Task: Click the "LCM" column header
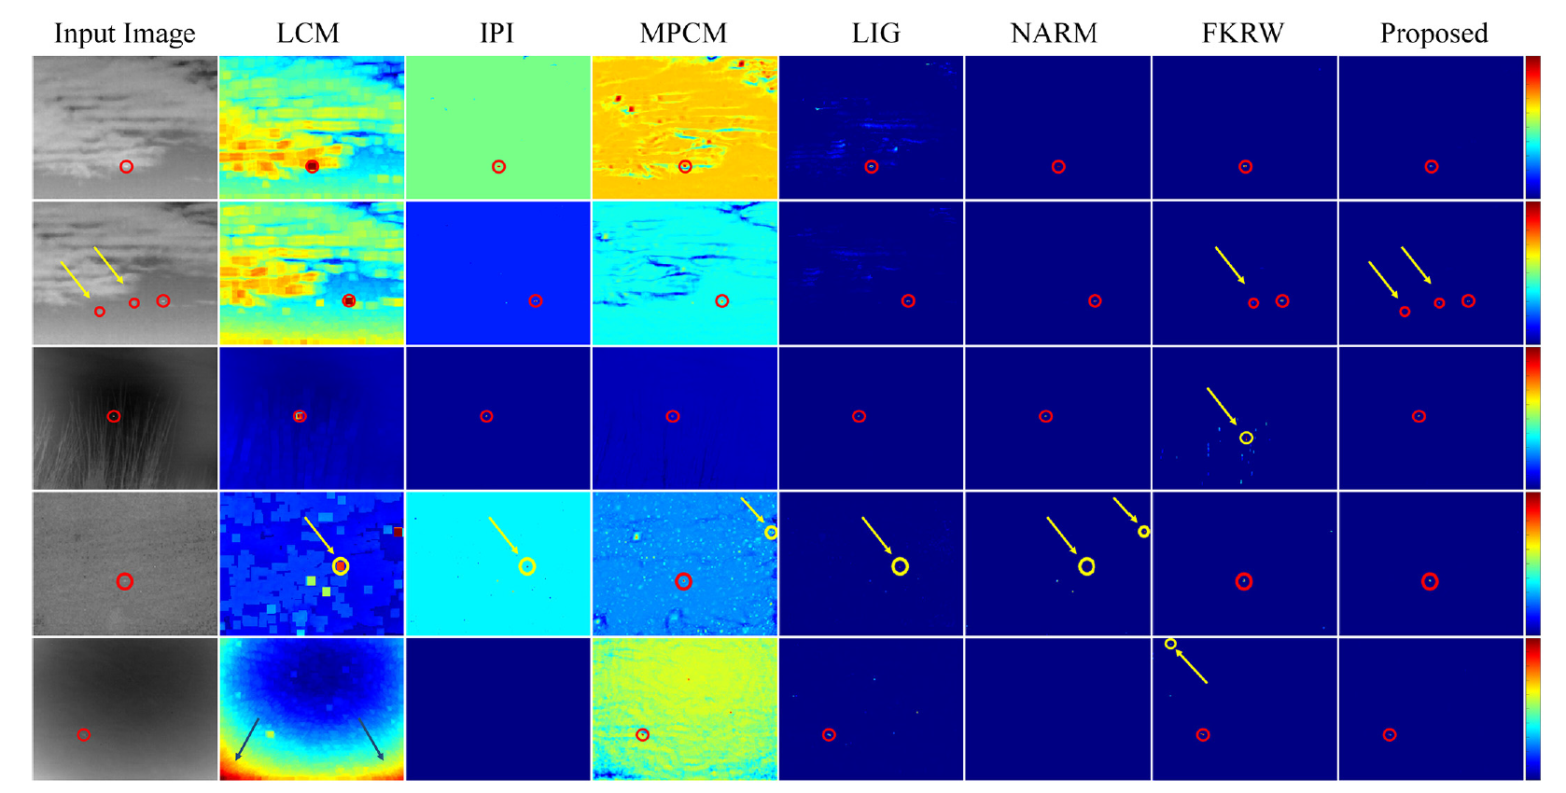coord(308,34)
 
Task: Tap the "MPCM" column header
coord(683,34)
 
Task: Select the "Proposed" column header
coord(1433,34)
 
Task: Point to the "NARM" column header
coord(1054,34)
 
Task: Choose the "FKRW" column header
coord(1242,34)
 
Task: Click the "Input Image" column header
coord(125,34)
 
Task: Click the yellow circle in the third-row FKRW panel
coord(1246,438)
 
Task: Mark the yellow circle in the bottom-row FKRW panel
coord(1170,644)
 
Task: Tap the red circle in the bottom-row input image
coord(84,735)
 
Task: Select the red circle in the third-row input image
coord(114,416)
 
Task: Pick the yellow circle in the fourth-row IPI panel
coord(527,566)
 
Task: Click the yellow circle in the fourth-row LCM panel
coord(341,566)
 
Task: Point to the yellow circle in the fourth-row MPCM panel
coord(771,533)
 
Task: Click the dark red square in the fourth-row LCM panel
coord(398,532)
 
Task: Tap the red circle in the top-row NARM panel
coord(1058,167)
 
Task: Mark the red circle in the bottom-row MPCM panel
coord(642,735)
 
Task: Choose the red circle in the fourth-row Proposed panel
coord(1430,581)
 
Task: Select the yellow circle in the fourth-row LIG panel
coord(900,566)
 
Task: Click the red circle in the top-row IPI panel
coord(499,167)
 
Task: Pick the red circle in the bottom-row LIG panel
coord(829,735)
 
